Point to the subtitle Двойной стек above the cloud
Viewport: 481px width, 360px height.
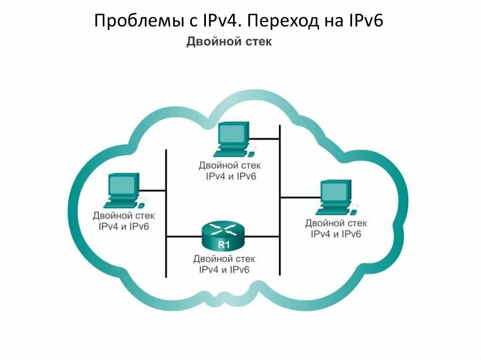229,42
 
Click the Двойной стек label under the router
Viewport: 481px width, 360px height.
224,259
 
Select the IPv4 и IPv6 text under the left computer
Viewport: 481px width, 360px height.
124,226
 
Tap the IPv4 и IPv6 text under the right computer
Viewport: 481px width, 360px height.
336,233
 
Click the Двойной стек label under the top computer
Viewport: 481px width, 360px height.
230,166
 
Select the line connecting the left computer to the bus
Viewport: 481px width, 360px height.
153,191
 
